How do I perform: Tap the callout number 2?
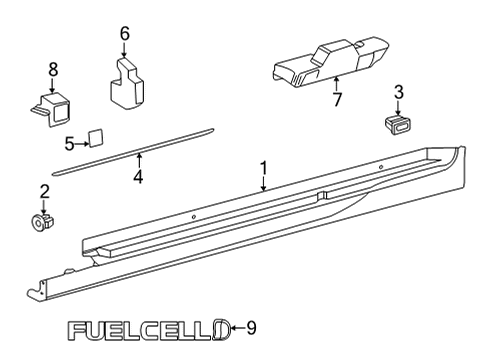pos(43,190)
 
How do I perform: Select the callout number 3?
pos(399,93)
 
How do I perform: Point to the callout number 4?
pos(138,177)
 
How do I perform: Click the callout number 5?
pos(69,143)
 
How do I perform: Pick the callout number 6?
pos(125,34)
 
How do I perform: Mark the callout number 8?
pos(53,68)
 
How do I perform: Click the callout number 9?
pos(251,326)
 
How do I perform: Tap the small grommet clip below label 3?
pos(398,124)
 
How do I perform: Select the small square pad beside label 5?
pos(96,138)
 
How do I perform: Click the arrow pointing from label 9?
pos(237,327)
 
